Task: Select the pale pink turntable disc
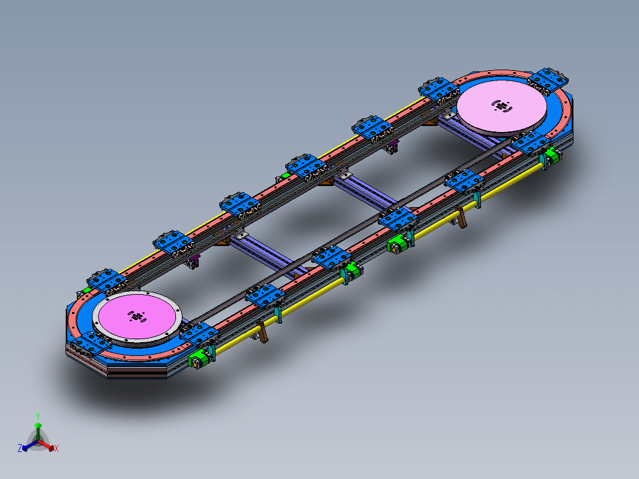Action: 501,106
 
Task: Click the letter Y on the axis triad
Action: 37,417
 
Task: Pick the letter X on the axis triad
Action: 56,448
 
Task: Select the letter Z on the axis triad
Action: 20,448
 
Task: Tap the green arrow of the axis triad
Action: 38,431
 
